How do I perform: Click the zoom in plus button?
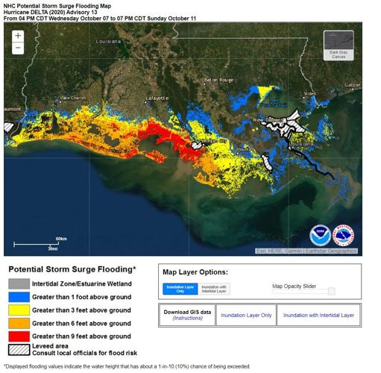point(18,36)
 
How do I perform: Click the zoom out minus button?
point(18,48)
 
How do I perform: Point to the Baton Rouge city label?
point(218,80)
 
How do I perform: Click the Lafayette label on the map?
point(157,98)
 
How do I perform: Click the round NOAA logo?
point(320,236)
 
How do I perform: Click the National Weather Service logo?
point(344,236)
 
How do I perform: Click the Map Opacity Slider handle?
point(332,291)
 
